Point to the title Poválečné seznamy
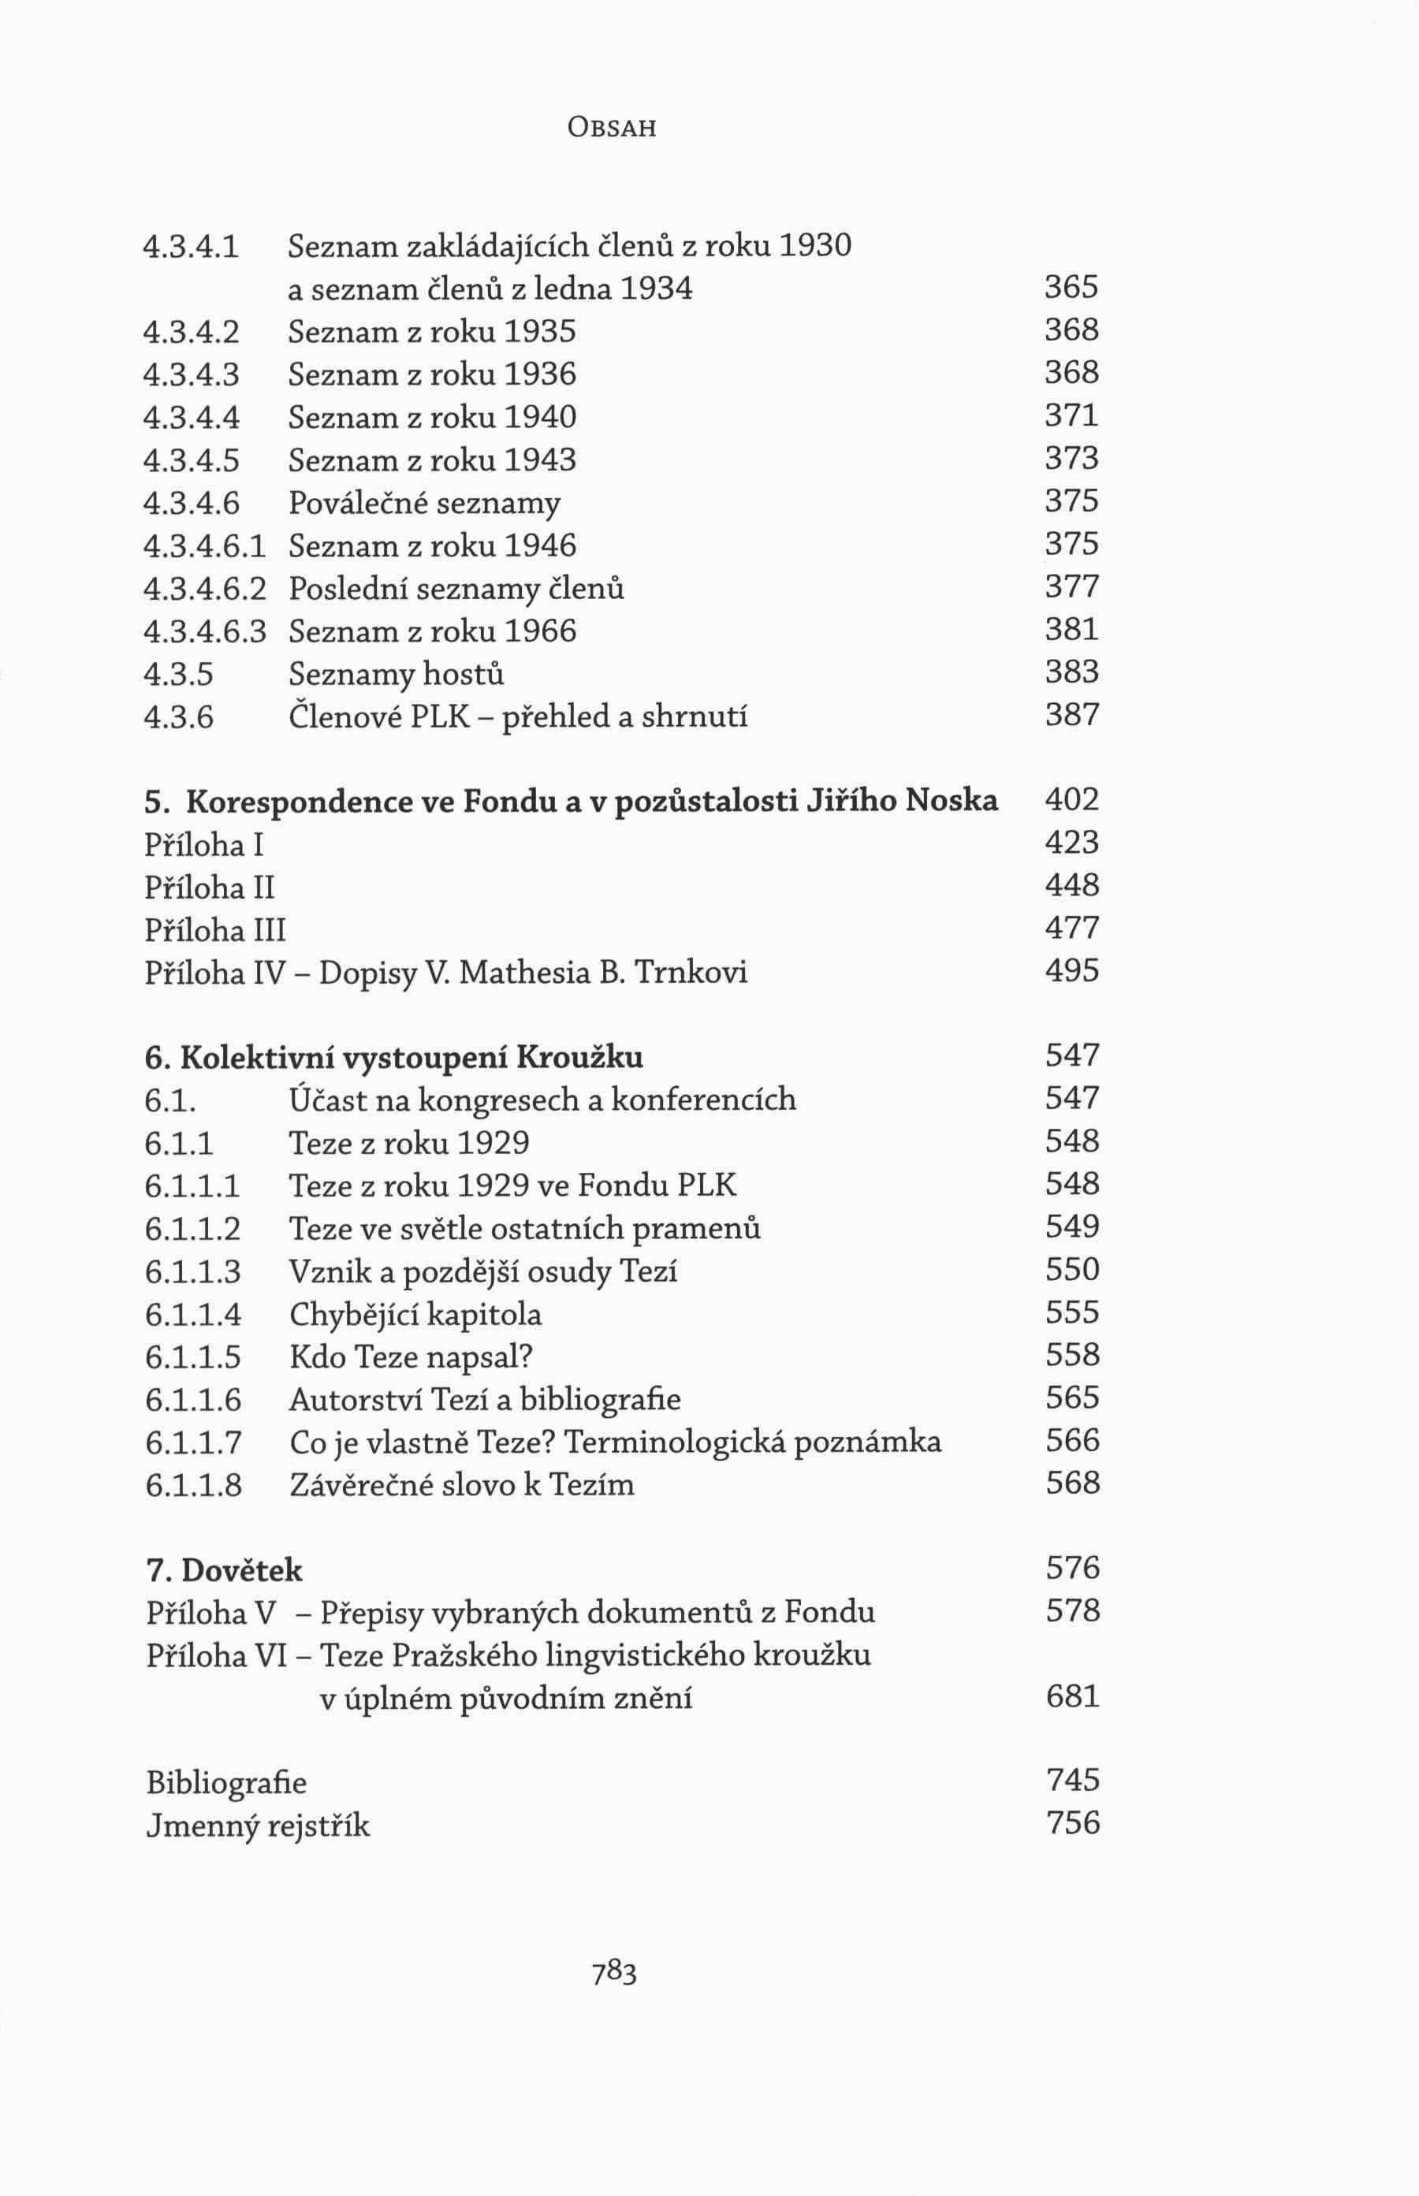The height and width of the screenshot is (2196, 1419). (424, 504)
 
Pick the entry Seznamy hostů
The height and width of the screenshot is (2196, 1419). (397, 674)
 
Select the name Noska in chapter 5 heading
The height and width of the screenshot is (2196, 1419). (952, 801)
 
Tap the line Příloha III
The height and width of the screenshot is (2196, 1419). (216, 929)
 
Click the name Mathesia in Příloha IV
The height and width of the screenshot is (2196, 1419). (524, 972)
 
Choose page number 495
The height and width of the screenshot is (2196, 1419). (1071, 971)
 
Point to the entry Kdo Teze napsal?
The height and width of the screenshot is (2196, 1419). (411, 1357)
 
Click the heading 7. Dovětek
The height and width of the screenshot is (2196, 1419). (224, 1569)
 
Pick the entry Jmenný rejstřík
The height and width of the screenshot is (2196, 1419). (258, 1825)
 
